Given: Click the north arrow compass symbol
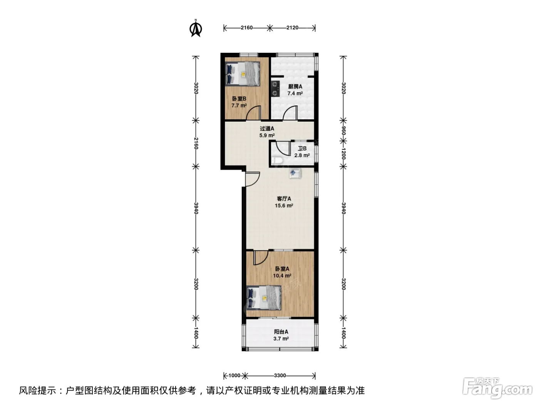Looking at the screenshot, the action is pos(196,28).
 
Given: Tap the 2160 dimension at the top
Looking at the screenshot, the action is pos(246,28).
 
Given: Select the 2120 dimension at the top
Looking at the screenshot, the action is pos(292,28).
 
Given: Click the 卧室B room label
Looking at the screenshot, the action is pos(239,98).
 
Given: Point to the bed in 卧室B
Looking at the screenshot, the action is pos(243,73).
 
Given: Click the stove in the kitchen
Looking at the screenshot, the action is pos(276,88).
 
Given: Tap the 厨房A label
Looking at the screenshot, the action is pos(295,86).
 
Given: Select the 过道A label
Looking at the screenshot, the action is pos(267,128).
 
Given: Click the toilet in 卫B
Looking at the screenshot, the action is pos(278,161).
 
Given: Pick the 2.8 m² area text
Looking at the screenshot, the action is pos(302,155).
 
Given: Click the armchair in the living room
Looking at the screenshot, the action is pos(295,174).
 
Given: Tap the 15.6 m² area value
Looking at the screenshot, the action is pos(284,205).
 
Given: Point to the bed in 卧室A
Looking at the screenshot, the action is pos(264,298).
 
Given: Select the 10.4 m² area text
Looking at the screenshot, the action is pos(282,276).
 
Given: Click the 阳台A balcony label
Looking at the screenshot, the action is pos(281,332).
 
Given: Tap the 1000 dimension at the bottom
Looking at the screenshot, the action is pos(234,376).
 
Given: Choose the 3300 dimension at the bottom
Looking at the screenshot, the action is pos(280,376).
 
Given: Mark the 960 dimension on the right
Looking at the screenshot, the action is pos(343,130).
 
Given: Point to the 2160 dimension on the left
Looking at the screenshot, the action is pos(196,143).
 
